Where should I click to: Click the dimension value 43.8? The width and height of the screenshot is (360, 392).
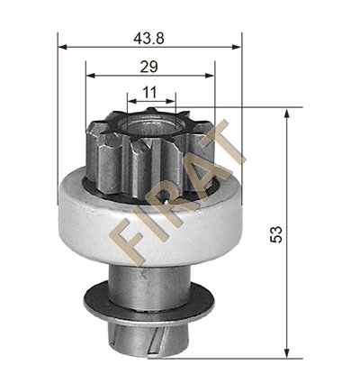click(148, 39)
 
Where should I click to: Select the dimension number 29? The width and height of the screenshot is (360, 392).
click(148, 67)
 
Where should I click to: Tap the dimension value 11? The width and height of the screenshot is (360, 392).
click(149, 93)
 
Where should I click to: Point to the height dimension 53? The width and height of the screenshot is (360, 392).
click(276, 234)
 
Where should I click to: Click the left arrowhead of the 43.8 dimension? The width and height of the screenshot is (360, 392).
click(62, 47)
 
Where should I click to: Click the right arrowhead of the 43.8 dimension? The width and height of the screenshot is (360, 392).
click(237, 47)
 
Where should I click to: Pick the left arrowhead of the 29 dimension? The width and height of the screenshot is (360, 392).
click(91, 75)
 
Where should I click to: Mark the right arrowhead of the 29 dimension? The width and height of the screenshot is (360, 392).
click(210, 75)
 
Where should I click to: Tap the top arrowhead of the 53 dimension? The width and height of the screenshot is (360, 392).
click(287, 114)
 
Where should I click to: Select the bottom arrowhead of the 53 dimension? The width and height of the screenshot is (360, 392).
click(287, 353)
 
